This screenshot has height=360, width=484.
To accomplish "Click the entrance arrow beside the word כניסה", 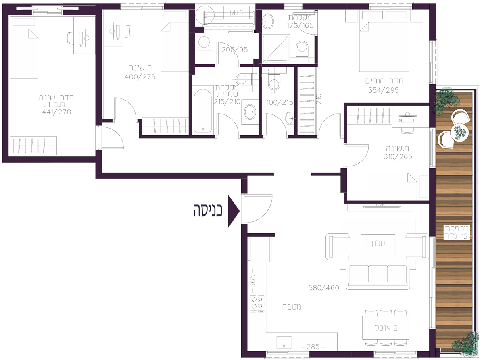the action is coord(233,211).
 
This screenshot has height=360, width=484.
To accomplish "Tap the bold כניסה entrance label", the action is coord(208,210).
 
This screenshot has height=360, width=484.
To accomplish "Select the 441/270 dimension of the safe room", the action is coord(57,112).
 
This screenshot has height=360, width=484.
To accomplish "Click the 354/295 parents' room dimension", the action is coord(384,90).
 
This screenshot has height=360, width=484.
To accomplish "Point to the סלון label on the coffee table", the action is coord(378,243).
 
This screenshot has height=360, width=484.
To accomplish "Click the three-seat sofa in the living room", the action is coord(378,277).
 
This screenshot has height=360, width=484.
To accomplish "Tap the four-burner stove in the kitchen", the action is coord(257,304).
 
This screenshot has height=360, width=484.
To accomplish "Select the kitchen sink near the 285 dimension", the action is coord(284,342).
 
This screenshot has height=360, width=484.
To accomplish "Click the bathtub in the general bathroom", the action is coord(202,110).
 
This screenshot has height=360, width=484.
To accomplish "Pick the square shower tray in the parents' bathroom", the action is coord(276,49).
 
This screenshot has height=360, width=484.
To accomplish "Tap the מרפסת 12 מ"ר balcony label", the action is coord(456,233).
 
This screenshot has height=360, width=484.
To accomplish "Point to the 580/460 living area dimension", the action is coord(323,288).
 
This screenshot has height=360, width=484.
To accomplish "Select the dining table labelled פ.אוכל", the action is coord(386,327).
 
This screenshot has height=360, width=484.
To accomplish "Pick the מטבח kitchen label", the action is coord(292,307).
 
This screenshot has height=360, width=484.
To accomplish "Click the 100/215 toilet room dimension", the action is coord(280,102).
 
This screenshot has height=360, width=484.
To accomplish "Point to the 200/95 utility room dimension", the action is coord(235,50).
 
